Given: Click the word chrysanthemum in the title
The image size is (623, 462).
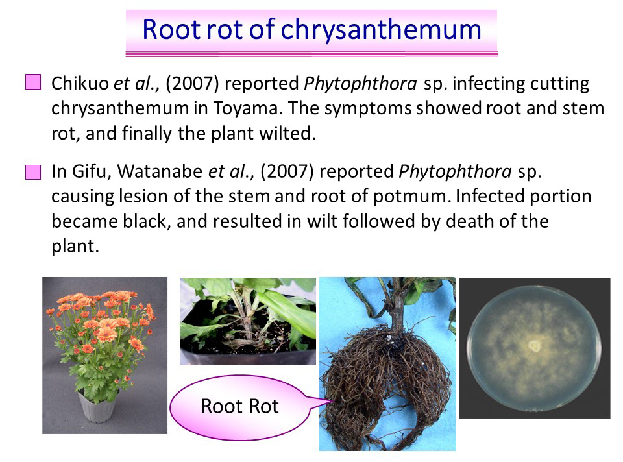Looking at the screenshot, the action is (381, 30).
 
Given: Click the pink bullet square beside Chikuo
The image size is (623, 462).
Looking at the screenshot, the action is (33, 82).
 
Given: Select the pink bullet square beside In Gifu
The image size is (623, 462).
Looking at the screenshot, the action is (33, 173).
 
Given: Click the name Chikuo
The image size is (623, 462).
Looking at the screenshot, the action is (80, 84).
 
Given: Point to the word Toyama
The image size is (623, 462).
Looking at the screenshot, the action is (247, 109).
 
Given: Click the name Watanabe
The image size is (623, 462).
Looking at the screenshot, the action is (160, 171).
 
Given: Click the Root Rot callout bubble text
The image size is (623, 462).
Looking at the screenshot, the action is (239, 406).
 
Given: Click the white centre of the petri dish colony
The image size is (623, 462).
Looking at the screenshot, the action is (534, 346).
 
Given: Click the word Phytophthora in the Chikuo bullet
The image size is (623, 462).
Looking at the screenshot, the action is (360, 84).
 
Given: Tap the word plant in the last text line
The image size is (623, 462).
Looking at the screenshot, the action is (75, 247).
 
